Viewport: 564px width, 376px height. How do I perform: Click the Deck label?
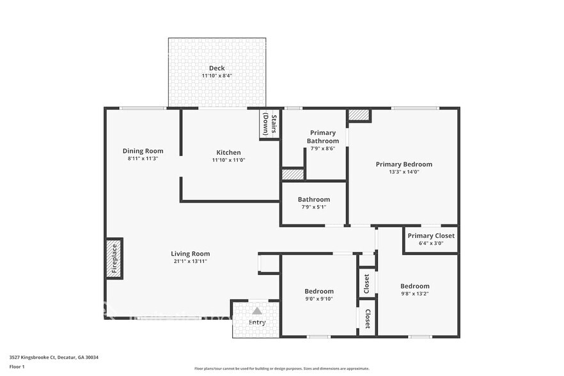point(217,68)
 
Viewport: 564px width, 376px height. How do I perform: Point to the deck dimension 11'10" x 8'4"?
point(217,76)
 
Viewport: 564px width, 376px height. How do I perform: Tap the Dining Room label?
point(143,151)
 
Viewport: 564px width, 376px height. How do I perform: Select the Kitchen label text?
point(228,152)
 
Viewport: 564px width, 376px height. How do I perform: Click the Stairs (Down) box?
point(269,125)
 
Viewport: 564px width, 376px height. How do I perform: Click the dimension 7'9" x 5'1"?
point(313,207)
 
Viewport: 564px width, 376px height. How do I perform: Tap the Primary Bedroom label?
point(403,164)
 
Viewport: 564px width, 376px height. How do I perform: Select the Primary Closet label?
point(431,236)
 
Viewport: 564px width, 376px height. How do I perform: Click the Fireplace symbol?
point(114,258)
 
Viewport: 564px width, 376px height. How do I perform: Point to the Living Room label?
point(190,253)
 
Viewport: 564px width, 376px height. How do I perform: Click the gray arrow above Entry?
point(257,310)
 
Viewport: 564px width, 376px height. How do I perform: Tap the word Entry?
point(257,323)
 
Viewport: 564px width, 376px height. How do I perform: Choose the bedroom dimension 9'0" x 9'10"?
point(318,299)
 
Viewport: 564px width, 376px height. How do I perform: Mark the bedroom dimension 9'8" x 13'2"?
point(414,294)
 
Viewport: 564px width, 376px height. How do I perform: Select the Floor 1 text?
point(17,366)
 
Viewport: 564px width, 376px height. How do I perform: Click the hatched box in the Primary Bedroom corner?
point(359,114)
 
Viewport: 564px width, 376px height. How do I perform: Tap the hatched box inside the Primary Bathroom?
point(292,175)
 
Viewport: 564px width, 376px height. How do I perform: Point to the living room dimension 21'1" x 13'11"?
point(190,261)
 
